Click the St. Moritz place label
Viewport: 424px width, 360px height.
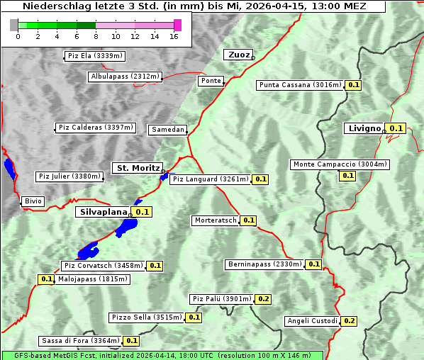[x=137, y=168]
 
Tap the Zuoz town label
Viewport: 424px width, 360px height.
[x=237, y=55]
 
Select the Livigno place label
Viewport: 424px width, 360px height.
[x=364, y=128]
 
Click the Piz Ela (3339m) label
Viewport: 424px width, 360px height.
[x=95, y=56]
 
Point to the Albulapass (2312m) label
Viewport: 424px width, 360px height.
[x=125, y=77]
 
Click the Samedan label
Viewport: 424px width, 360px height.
[x=167, y=130]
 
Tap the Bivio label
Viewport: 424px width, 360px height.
[x=33, y=201]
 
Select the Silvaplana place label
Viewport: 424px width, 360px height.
[x=103, y=211]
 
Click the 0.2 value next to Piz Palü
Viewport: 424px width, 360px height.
[x=263, y=299]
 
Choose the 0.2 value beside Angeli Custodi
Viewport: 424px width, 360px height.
[x=349, y=321]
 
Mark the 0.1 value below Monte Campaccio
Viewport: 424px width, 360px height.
[x=347, y=175]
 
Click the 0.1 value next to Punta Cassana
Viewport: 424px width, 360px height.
[x=354, y=85]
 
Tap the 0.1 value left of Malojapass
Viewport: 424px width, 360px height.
[x=46, y=279]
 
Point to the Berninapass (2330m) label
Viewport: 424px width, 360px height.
[x=264, y=264]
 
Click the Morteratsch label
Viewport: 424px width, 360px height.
[x=215, y=220]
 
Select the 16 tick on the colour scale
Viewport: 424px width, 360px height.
[x=174, y=36]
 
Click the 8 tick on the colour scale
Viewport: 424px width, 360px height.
[x=96, y=36]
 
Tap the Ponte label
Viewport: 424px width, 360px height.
[x=211, y=81]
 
